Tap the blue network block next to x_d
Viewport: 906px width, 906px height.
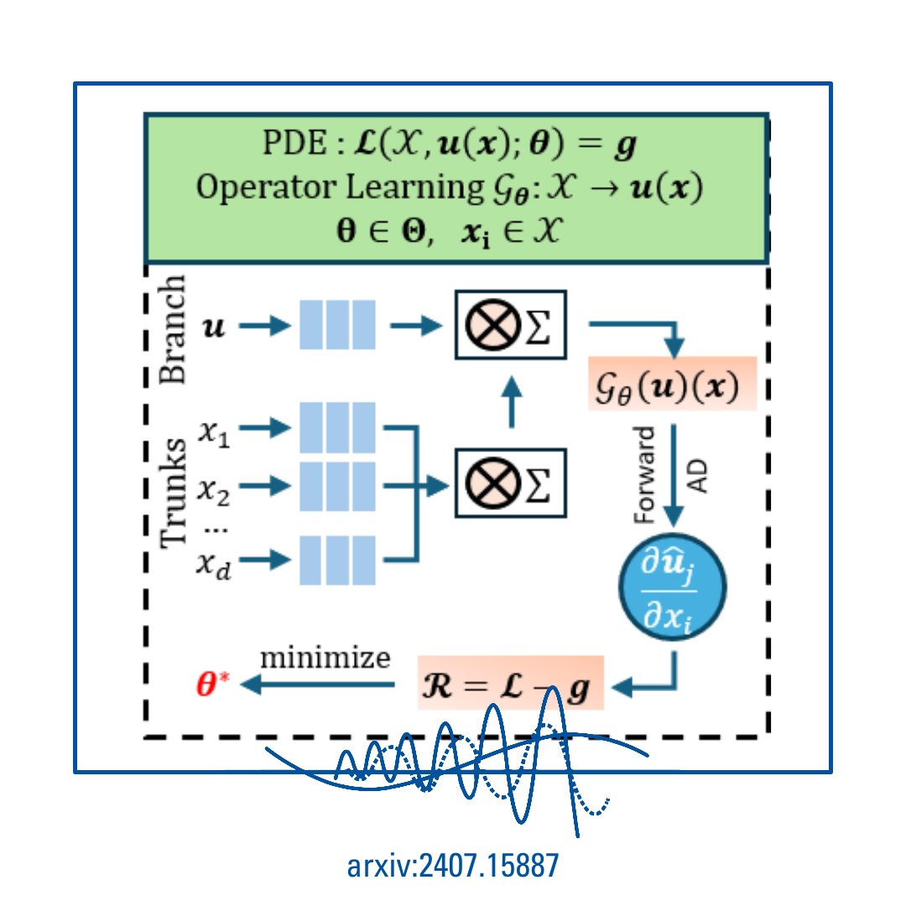(x=337, y=560)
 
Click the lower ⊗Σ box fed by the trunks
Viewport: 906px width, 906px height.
(x=511, y=482)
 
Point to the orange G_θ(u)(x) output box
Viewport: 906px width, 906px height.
(x=673, y=383)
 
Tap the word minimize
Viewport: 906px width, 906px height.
(x=325, y=658)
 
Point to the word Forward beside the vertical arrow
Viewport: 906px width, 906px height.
(x=645, y=475)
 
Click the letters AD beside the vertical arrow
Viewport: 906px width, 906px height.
(x=698, y=475)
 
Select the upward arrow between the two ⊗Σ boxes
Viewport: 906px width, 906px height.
(x=511, y=404)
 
